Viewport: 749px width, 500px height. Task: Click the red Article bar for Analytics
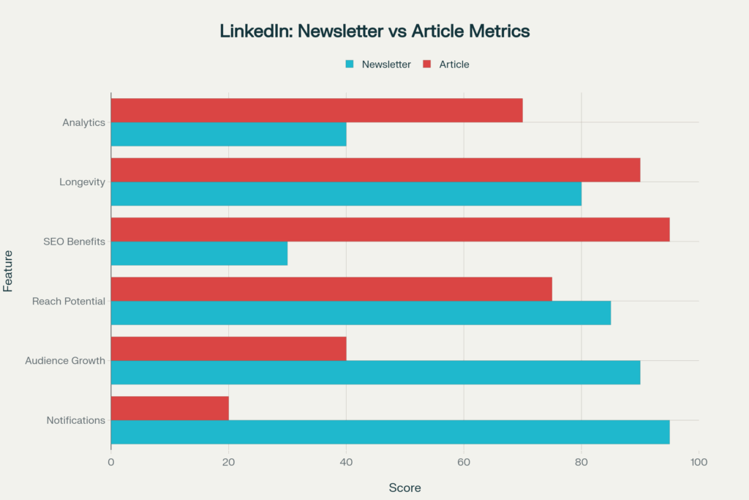(317, 111)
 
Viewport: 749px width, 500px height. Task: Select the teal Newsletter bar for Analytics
(228, 135)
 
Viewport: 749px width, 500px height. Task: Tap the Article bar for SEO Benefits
(390, 229)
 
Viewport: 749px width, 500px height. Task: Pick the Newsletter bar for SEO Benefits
(199, 253)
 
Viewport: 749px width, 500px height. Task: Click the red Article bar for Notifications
(170, 408)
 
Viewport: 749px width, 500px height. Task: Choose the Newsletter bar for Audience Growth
(375, 372)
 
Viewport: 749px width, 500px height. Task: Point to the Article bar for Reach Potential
(331, 289)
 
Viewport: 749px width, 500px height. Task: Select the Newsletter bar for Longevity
(346, 194)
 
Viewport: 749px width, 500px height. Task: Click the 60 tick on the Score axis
(464, 462)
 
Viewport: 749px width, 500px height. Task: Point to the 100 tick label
(699, 462)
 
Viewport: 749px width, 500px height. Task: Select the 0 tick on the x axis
(111, 462)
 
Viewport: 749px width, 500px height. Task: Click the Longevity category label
(83, 182)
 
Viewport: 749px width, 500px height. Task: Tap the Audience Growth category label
(65, 361)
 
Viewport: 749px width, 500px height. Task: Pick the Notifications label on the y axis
(76, 420)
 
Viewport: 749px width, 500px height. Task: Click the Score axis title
(404, 488)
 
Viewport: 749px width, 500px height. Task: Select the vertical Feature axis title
(8, 271)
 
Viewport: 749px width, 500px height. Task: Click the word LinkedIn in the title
(252, 31)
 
